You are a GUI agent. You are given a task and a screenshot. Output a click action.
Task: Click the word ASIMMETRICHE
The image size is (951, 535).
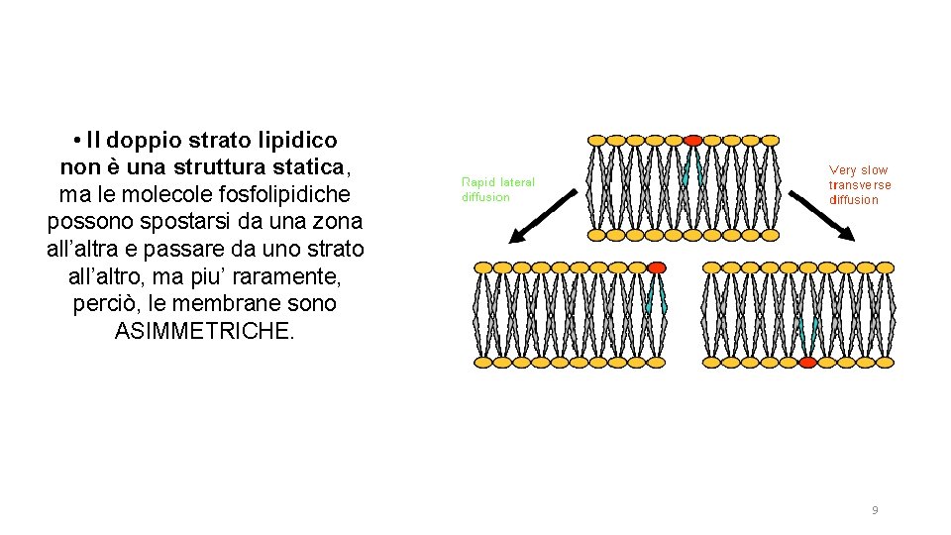pos(205,331)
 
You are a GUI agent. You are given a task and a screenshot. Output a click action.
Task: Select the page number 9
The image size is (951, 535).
pos(874,510)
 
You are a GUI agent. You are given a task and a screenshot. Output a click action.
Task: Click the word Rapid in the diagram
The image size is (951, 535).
pos(478,182)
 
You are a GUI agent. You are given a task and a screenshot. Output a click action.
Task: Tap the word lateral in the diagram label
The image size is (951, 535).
pos(517,182)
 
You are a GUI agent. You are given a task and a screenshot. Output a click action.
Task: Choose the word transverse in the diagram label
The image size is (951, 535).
pos(860,185)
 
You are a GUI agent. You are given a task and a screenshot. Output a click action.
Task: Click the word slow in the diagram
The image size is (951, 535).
pos(874,170)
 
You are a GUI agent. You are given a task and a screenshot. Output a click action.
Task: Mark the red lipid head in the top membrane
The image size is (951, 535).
pos(693,140)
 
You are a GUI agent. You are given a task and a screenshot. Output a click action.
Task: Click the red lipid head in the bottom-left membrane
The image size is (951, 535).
pos(657,267)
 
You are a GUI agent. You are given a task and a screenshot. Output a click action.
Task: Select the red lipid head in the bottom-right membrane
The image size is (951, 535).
pos(807,363)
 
